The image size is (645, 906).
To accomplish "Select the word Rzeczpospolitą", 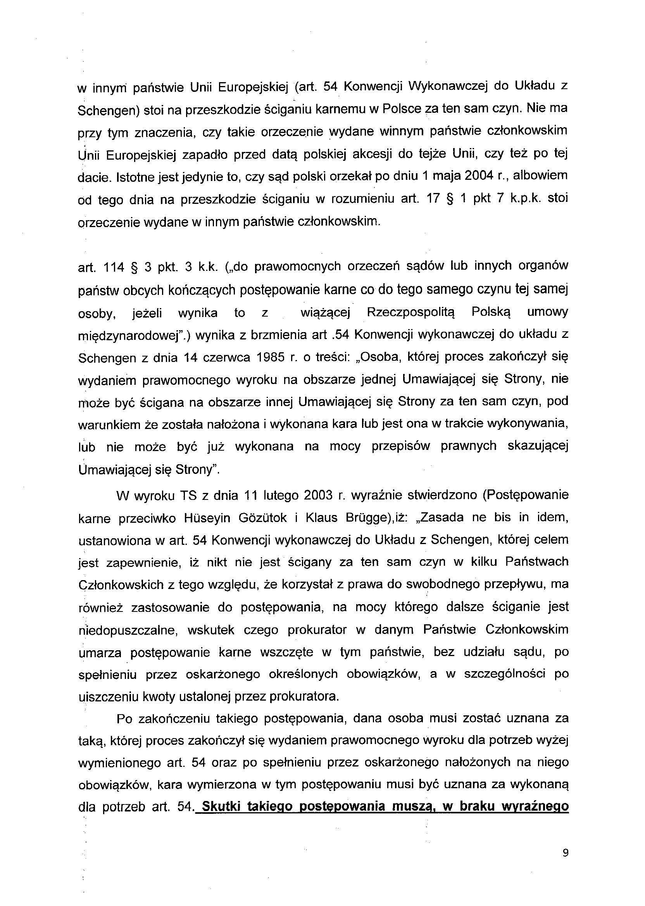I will (410, 312).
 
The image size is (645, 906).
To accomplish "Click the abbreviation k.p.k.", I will (525, 198).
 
